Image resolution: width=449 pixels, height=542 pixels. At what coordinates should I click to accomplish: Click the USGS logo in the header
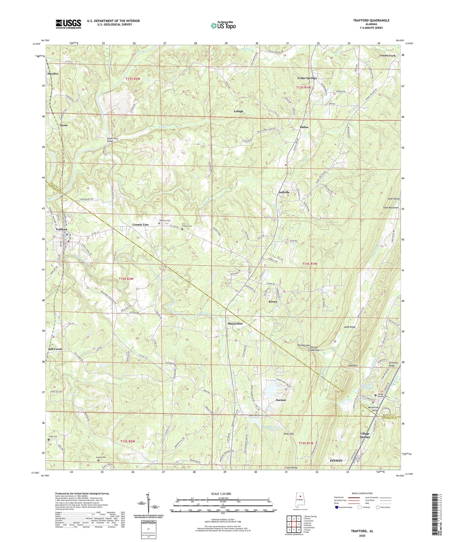[68, 24]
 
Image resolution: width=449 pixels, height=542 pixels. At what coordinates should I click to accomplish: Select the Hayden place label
[53, 74]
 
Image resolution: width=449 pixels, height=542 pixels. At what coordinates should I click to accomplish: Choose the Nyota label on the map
[63, 125]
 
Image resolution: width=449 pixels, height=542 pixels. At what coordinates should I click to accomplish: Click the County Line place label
[140, 224]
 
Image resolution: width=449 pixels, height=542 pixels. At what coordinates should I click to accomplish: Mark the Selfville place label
[284, 192]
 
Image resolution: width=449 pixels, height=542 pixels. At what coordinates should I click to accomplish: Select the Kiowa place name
[273, 301]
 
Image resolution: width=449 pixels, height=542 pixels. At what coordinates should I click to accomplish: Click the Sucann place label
[281, 400]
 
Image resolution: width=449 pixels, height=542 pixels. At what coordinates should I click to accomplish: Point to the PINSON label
[336, 461]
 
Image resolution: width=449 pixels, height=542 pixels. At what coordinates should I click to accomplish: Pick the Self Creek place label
[55, 349]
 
